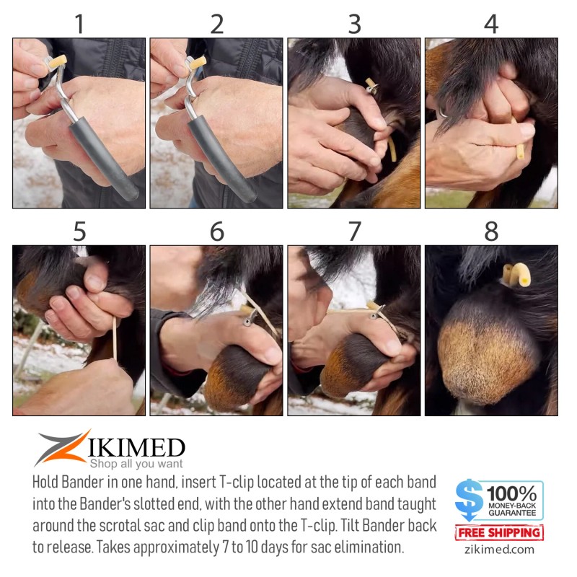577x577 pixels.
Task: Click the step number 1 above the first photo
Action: [x=79, y=24]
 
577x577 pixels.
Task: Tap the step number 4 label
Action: [x=491, y=24]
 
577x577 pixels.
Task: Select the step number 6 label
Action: [x=217, y=232]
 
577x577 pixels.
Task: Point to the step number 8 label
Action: [x=491, y=232]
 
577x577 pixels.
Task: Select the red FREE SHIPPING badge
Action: [x=499, y=533]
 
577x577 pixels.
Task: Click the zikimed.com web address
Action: [x=499, y=550]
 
